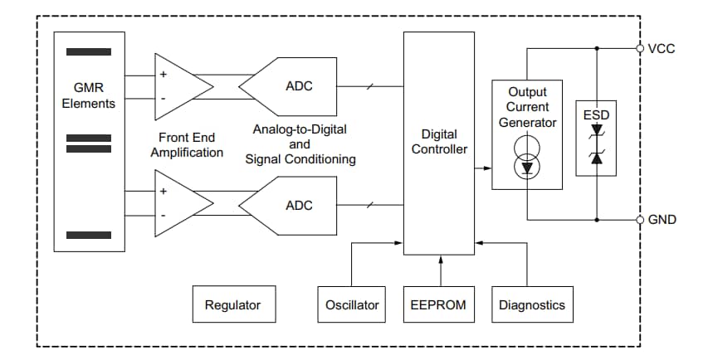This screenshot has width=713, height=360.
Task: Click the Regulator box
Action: (x=232, y=304)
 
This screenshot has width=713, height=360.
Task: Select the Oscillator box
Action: (x=352, y=304)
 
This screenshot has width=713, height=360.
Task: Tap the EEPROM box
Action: (x=438, y=304)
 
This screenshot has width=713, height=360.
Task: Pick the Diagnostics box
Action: (x=531, y=304)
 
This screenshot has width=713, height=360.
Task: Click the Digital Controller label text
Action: (x=439, y=141)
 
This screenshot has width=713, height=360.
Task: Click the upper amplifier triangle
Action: (x=178, y=86)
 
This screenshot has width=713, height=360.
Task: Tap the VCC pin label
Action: (x=661, y=48)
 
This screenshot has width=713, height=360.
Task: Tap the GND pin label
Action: (x=662, y=220)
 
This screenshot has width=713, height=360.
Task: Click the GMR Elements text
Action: (x=89, y=95)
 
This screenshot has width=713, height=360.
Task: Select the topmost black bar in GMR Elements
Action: (x=89, y=51)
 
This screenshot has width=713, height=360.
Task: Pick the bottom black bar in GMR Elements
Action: (x=89, y=235)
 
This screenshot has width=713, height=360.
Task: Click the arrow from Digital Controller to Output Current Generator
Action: (x=483, y=168)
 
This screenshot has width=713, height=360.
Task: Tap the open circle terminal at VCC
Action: (x=640, y=48)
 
